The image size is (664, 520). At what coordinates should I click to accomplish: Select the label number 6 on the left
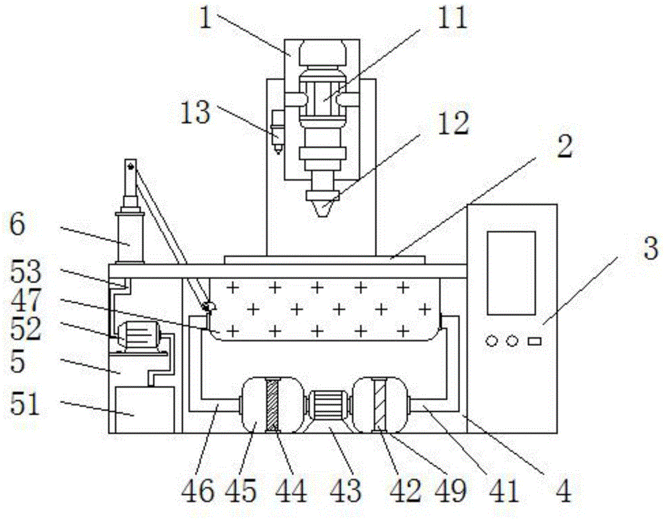[x=18, y=226]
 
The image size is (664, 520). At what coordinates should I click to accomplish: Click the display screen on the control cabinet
[x=511, y=272]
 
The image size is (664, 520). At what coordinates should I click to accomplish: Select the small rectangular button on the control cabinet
[x=534, y=341]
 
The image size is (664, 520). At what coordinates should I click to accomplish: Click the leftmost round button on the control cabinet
[x=491, y=341]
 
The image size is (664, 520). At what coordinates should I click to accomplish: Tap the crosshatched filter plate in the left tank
[x=270, y=405]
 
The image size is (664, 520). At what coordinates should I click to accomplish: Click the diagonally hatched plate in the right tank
[x=379, y=404]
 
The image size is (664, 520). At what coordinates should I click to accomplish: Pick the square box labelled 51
[x=145, y=409]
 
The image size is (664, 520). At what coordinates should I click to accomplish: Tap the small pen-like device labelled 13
[x=276, y=131]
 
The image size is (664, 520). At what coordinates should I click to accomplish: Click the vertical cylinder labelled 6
[x=130, y=236]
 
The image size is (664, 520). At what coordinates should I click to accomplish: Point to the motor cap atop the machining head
[x=321, y=52]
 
